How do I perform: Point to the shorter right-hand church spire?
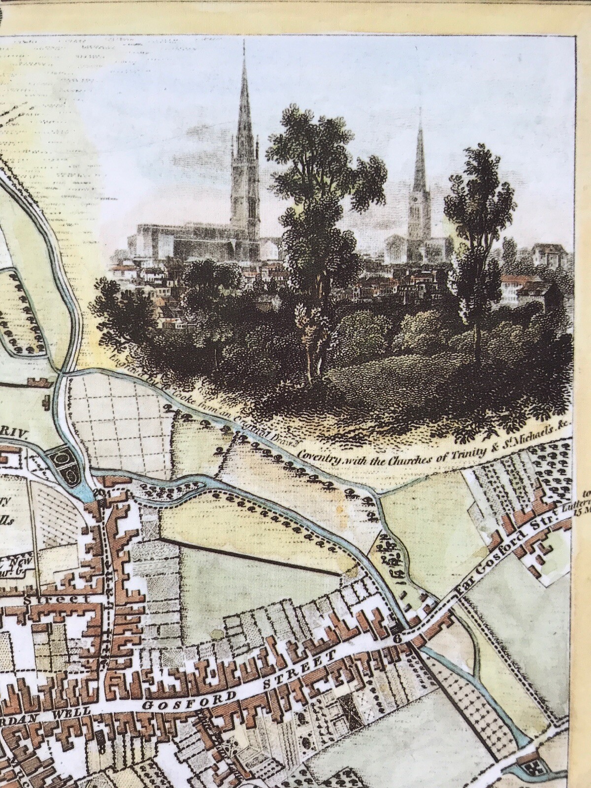[420, 148]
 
